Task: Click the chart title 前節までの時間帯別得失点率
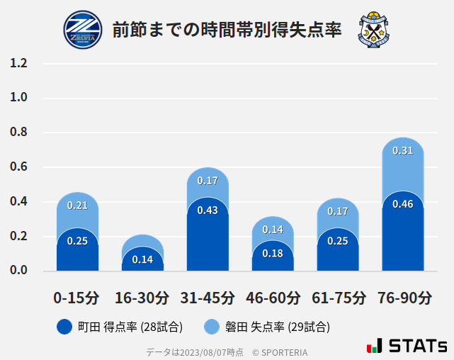(227, 30)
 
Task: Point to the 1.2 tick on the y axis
(18, 64)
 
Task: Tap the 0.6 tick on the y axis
(18, 167)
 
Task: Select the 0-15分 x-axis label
(77, 298)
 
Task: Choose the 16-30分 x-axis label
(142, 298)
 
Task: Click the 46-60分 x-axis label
(273, 298)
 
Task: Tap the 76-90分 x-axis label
(403, 298)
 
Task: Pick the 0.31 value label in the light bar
(402, 151)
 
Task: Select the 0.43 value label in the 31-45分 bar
(208, 210)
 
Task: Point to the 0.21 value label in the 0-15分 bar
(77, 206)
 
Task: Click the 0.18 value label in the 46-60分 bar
(273, 254)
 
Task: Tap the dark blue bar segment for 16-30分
(142, 261)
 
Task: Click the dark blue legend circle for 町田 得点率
(64, 327)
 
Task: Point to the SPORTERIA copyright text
(280, 351)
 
